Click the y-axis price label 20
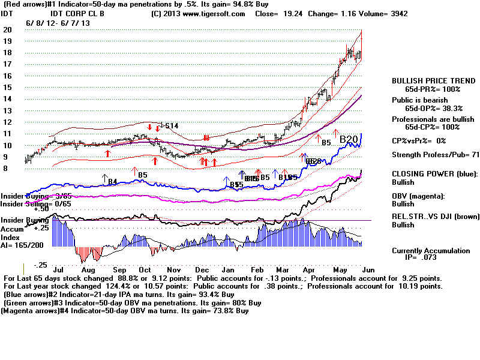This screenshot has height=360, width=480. pyautogui.click(x=7, y=29)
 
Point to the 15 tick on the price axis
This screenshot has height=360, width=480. pyautogui.click(x=7, y=87)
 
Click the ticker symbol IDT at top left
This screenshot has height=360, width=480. pyautogui.click(x=8, y=13)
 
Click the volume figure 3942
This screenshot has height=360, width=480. pyautogui.click(x=396, y=13)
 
